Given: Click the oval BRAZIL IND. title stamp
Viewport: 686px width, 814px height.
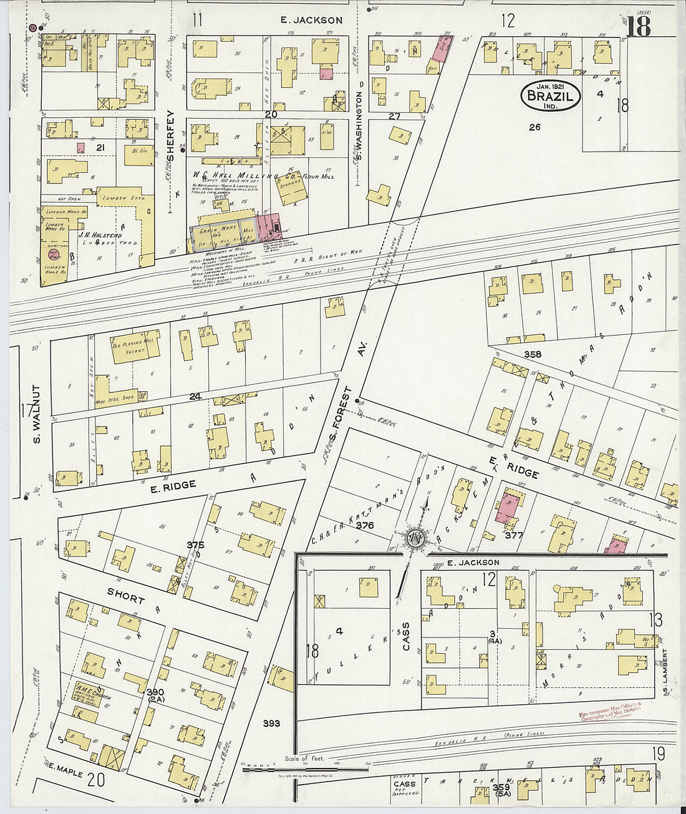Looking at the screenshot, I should tap(550, 96).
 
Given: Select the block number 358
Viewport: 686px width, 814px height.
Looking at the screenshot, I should tap(533, 354).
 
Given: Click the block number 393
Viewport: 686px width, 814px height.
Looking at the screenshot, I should tap(271, 724).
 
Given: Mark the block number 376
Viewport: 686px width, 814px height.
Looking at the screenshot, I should tap(364, 526).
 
